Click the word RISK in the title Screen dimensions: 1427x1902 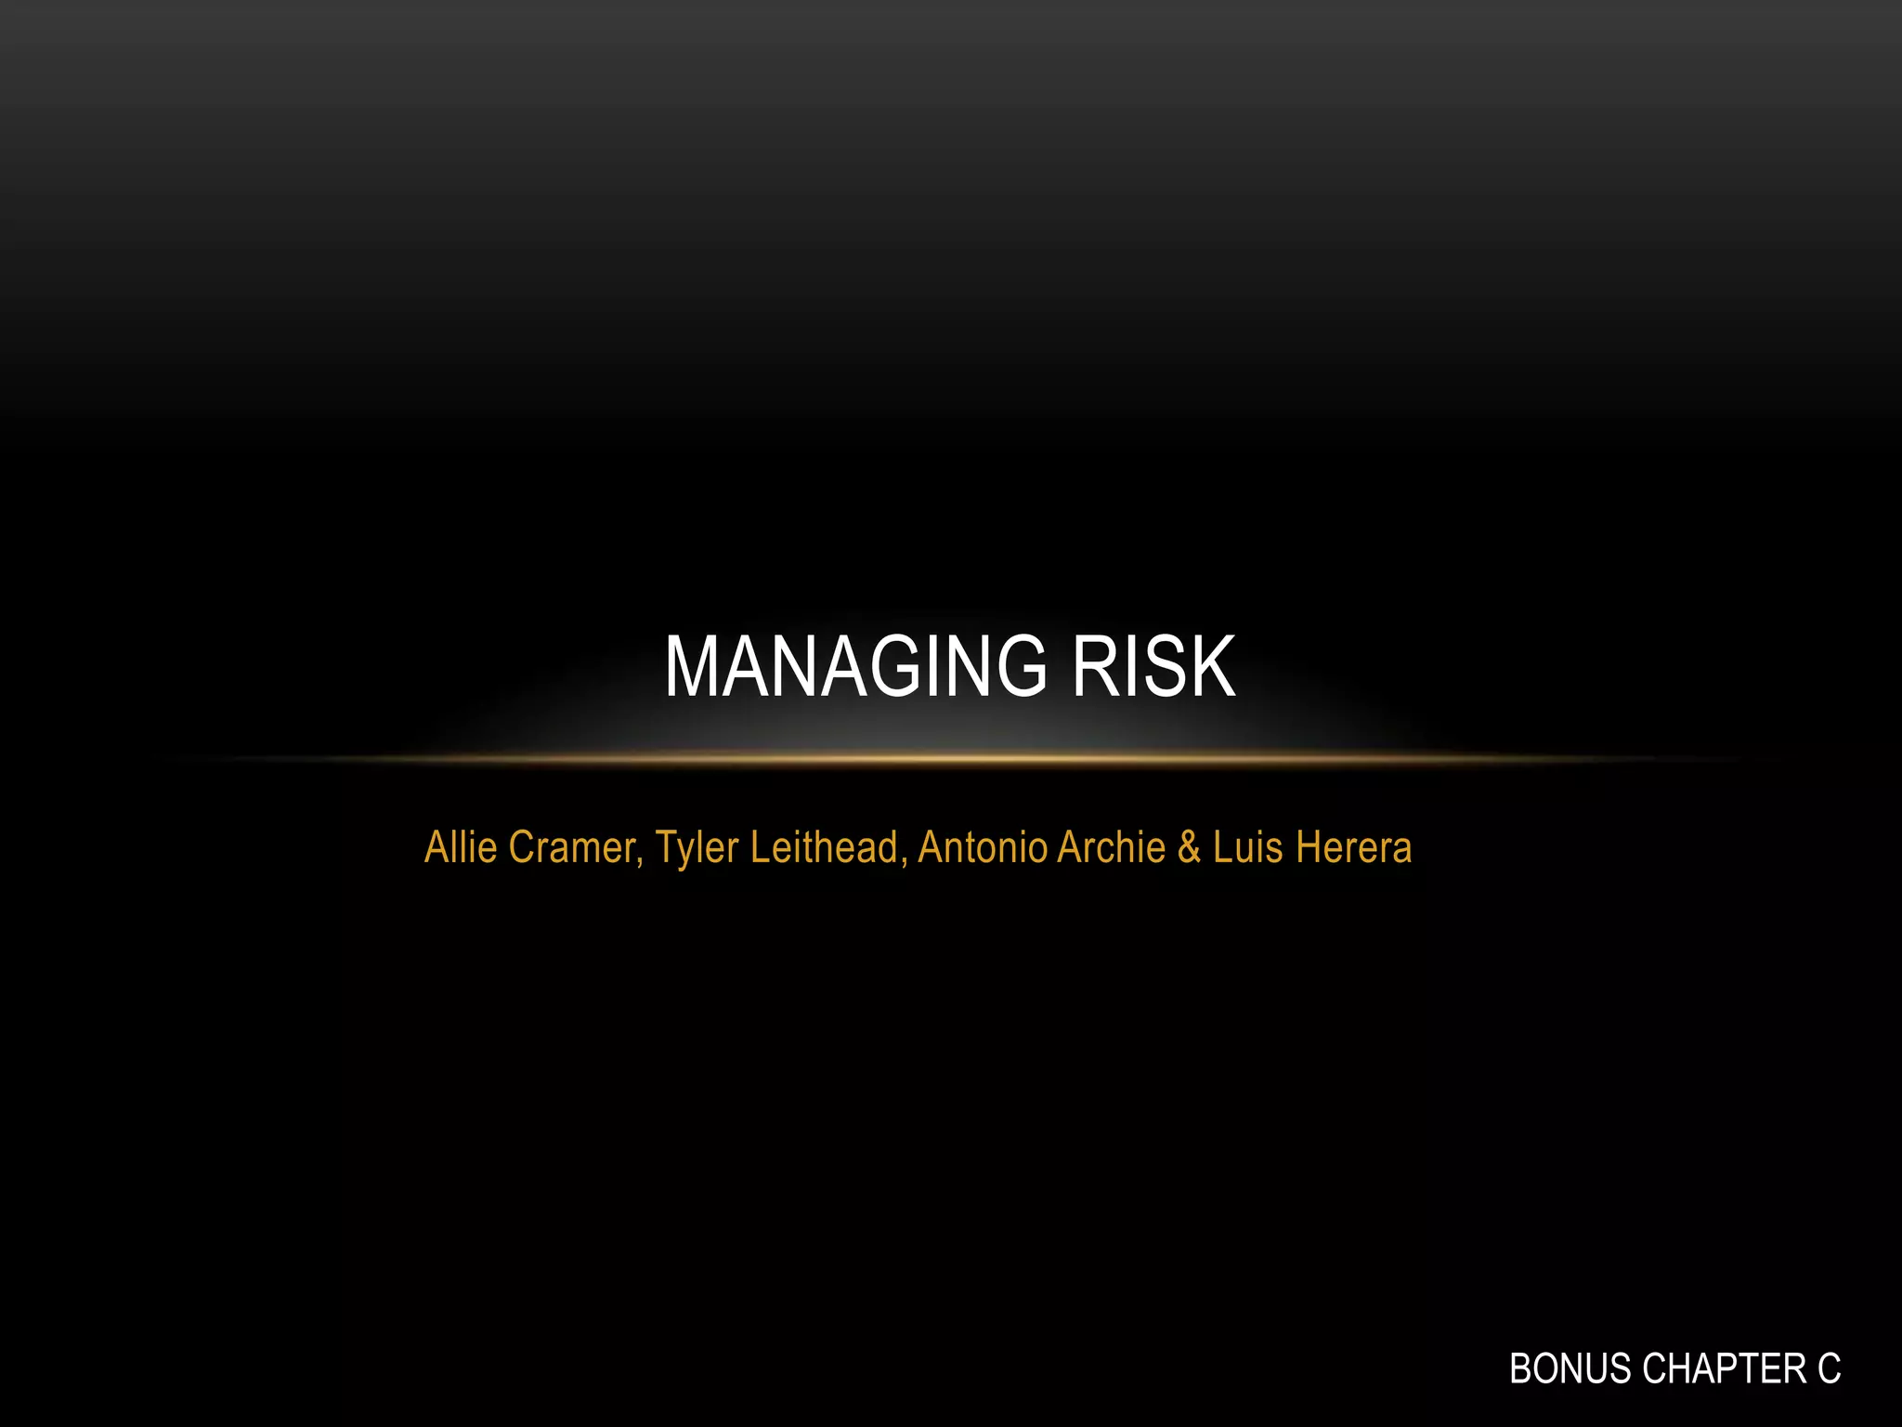[x=1153, y=666]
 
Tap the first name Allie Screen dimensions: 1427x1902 [x=461, y=847]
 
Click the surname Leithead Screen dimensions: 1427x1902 [x=824, y=847]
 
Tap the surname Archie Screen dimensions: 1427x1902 [x=1111, y=847]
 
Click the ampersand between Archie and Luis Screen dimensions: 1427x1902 [x=1189, y=847]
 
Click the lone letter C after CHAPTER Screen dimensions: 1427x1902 [x=1829, y=1368]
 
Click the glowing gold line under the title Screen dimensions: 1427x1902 [x=951, y=759]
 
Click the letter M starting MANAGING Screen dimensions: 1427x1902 [x=691, y=666]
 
